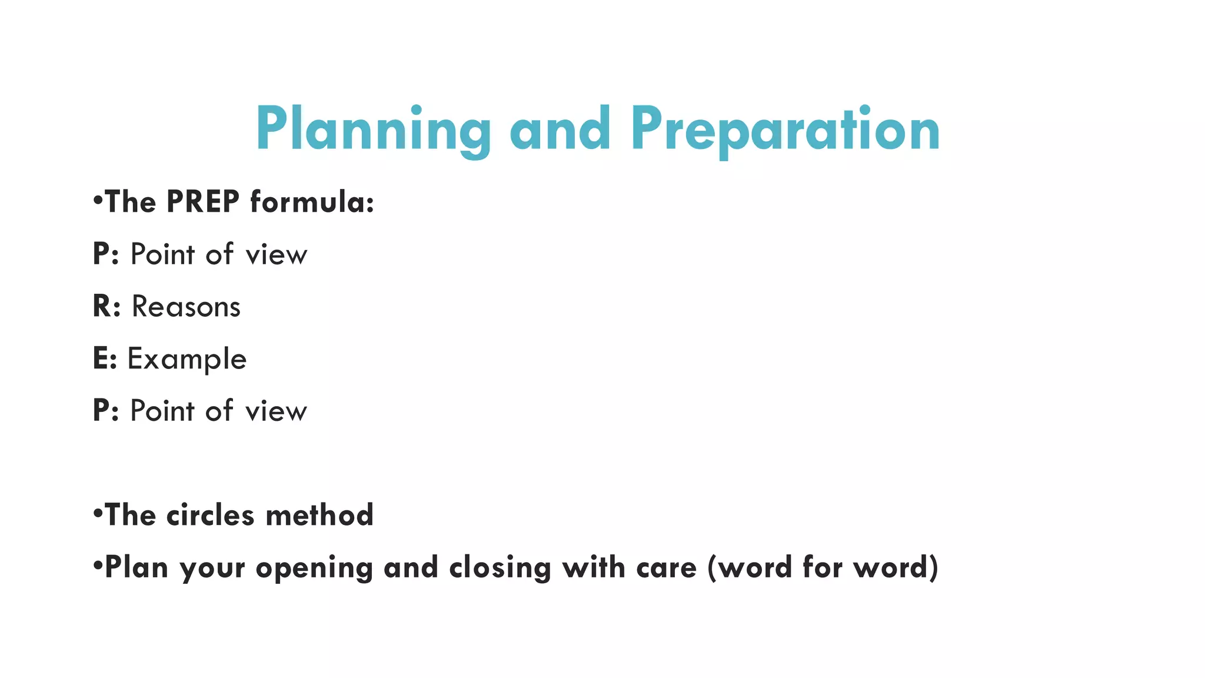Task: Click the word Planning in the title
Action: coord(373,129)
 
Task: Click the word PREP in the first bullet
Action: coord(203,202)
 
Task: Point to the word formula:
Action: coord(312,202)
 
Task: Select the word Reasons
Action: coord(186,307)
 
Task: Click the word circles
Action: coord(210,515)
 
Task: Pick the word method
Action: coord(319,515)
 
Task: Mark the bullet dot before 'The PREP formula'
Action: coord(98,201)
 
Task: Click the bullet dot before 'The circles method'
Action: coord(98,514)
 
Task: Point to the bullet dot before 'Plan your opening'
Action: coord(98,566)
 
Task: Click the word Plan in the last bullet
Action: coord(137,567)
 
